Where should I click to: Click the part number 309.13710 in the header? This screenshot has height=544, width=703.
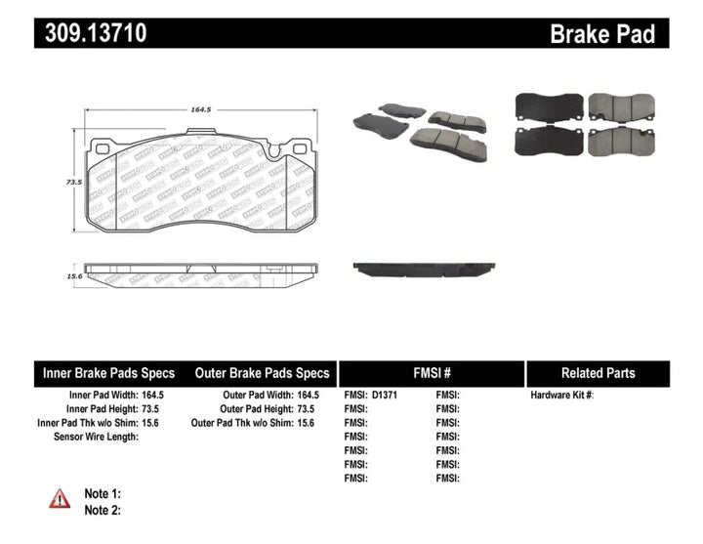click(95, 33)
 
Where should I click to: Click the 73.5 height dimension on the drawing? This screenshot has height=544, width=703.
click(72, 182)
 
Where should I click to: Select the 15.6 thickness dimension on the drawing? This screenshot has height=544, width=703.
click(72, 276)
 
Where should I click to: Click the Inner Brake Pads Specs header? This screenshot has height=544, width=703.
click(108, 373)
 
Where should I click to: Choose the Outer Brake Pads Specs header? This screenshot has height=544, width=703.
click(262, 373)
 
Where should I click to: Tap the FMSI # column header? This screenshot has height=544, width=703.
click(431, 373)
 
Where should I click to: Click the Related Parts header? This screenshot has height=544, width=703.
click(598, 373)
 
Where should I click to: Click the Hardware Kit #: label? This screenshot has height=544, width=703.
click(561, 396)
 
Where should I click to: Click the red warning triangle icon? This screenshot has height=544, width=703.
click(60, 498)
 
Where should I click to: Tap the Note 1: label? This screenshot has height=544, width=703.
click(102, 494)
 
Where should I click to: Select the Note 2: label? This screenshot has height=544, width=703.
click(102, 510)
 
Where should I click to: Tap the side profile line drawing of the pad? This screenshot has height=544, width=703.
click(202, 270)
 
